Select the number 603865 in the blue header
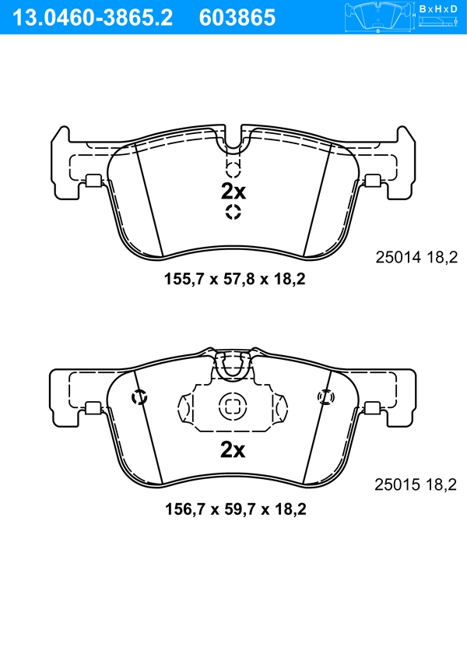click(x=237, y=16)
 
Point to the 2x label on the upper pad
click(x=233, y=191)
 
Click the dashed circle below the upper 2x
click(x=233, y=213)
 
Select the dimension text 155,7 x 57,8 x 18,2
click(x=233, y=278)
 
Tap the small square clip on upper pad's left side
click(x=92, y=181)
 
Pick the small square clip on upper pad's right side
click(x=373, y=181)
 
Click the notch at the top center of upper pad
click(x=233, y=131)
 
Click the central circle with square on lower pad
click(x=231, y=405)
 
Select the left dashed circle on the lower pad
click(x=140, y=397)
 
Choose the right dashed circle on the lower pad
click(x=325, y=397)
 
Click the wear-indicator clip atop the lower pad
click(x=233, y=364)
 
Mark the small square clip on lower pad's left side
click(x=92, y=407)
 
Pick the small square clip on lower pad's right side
click(x=373, y=407)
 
